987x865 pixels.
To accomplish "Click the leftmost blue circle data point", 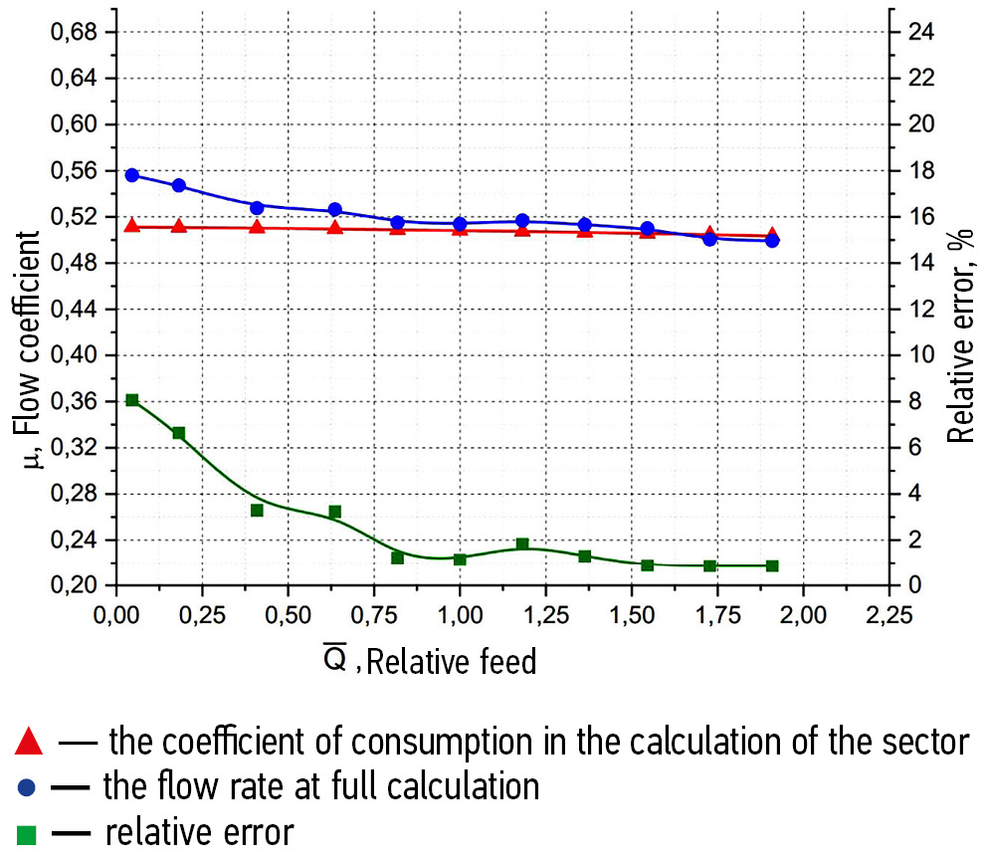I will click(x=132, y=175).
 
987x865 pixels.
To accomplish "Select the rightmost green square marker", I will click(x=772, y=565).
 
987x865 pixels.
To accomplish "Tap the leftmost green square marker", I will click(x=132, y=400).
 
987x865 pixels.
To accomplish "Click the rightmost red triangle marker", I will click(x=772, y=236).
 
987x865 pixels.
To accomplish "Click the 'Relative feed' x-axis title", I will click(x=452, y=660).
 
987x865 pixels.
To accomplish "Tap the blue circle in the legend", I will click(x=27, y=787).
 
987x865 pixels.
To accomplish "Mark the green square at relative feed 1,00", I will click(x=460, y=559).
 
